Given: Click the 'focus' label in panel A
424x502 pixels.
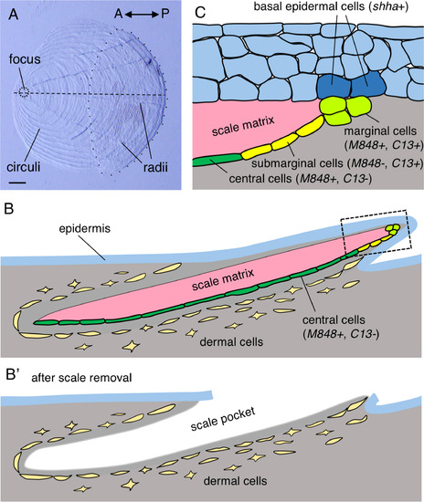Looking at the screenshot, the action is pyautogui.click(x=25, y=59).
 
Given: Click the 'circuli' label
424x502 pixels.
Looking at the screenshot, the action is pyautogui.click(x=24, y=167).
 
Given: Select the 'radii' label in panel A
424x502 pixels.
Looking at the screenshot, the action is pyautogui.click(x=155, y=167).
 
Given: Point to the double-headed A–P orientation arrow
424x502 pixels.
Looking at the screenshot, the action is pyautogui.click(x=142, y=15).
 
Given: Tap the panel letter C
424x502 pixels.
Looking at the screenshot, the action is pyautogui.click(x=200, y=13).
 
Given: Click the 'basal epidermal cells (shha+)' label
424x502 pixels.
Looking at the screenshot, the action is pyautogui.click(x=331, y=7).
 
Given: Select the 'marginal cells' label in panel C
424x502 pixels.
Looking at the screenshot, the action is pyautogui.click(x=380, y=131).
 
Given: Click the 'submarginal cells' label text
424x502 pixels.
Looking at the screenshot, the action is pyautogui.click(x=297, y=163).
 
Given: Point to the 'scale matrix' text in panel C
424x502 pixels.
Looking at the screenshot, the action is pyautogui.click(x=243, y=126).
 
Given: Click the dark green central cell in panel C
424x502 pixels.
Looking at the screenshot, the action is pyautogui.click(x=217, y=159).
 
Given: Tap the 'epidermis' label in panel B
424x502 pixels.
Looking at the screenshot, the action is pyautogui.click(x=85, y=228).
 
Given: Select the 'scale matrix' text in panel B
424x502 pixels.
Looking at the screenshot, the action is pyautogui.click(x=223, y=279).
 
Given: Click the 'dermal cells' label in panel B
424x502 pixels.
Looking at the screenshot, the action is pyautogui.click(x=231, y=342).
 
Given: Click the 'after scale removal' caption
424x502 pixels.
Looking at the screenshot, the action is pyautogui.click(x=81, y=378).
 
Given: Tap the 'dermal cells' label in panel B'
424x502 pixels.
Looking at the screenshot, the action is pyautogui.click(x=235, y=481).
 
